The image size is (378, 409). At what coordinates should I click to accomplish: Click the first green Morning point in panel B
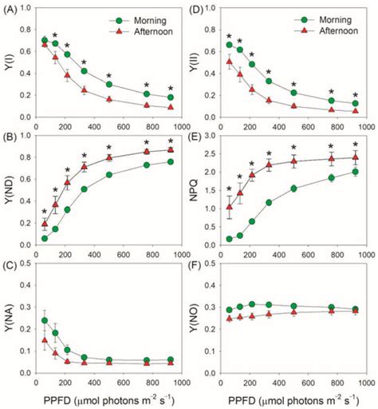pos(45,238)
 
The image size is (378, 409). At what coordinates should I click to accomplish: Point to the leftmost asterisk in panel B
pos(45,212)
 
